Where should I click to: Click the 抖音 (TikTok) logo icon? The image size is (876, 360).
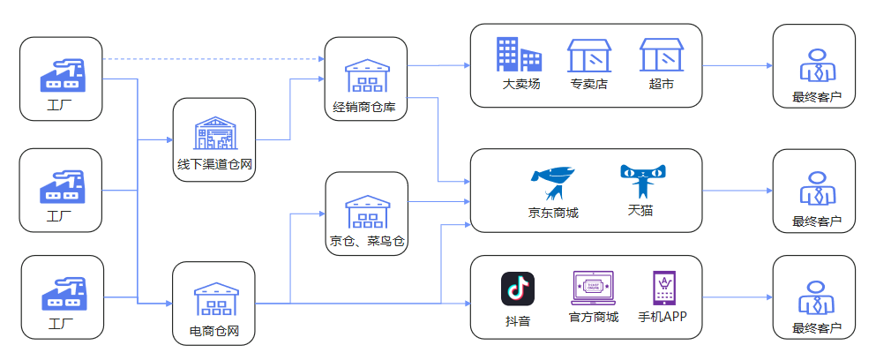pyautogui.click(x=518, y=289)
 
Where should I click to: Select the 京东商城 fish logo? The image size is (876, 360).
pyautogui.click(x=553, y=184)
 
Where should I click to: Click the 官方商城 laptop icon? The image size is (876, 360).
pyautogui.click(x=593, y=288)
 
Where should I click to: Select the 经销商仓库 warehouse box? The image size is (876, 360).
pyautogui.click(x=365, y=79)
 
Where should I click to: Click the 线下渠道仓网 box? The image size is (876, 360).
pyautogui.click(x=214, y=139)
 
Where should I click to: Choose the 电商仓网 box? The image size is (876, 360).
pyautogui.click(x=214, y=302)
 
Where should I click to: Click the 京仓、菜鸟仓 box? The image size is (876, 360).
pyautogui.click(x=366, y=214)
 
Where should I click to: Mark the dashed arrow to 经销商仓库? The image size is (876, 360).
pyautogui.click(x=212, y=59)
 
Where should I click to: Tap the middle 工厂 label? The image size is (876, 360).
pyautogui.click(x=60, y=214)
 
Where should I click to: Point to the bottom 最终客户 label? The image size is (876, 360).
pyautogui.click(x=812, y=328)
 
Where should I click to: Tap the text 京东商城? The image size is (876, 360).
pyautogui.click(x=553, y=213)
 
